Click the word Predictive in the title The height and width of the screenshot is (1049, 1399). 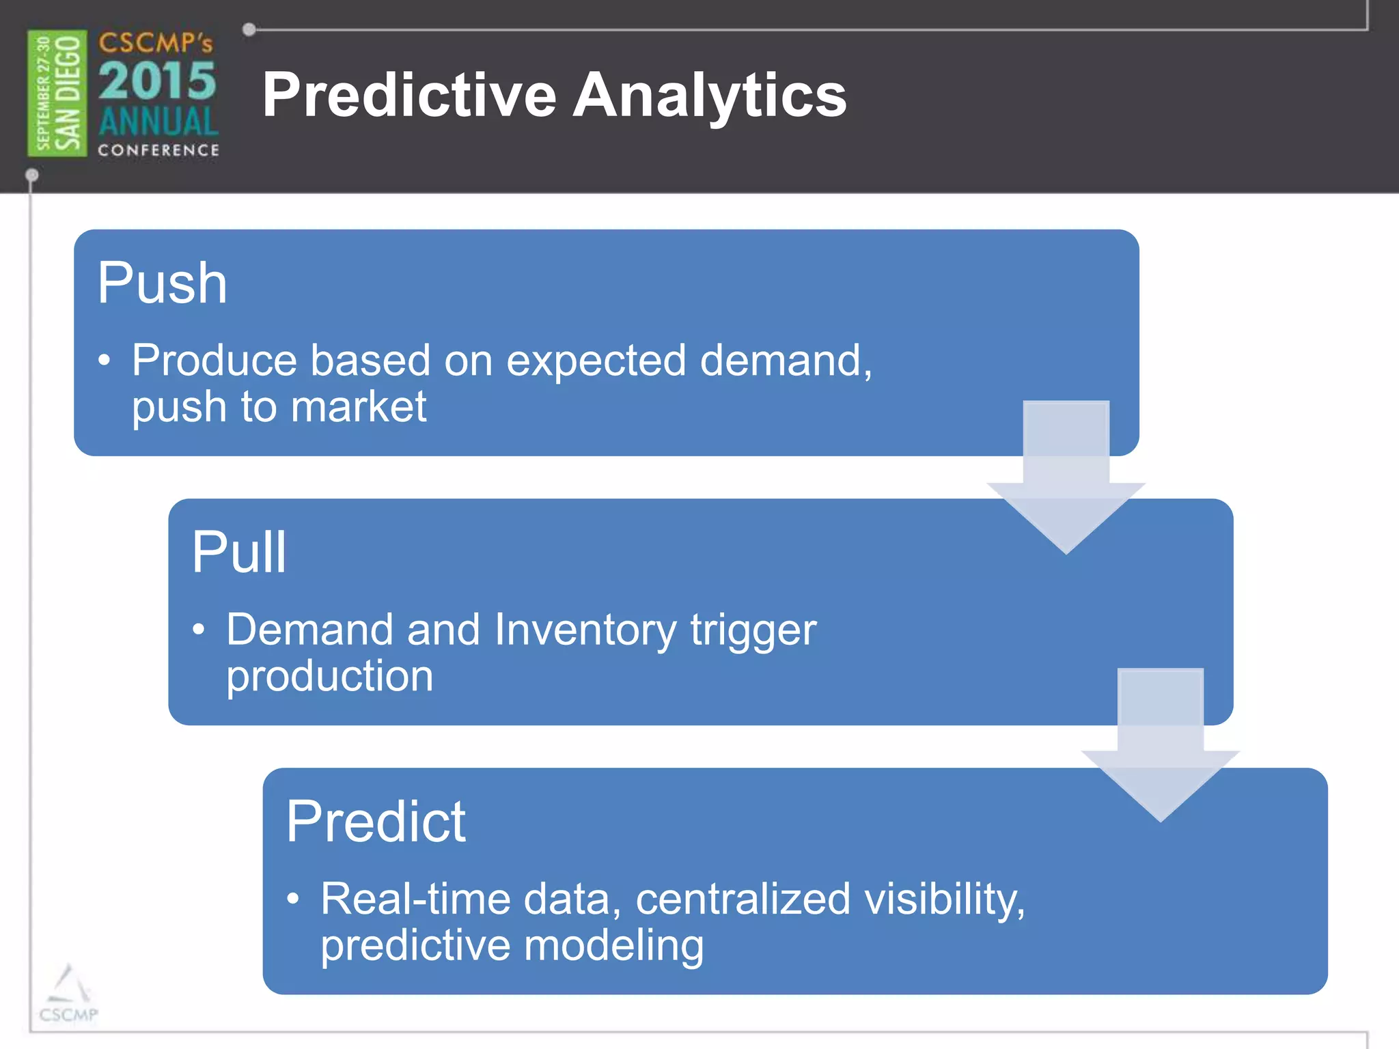point(409,95)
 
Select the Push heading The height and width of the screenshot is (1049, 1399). point(162,283)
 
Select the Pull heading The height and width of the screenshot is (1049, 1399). point(238,552)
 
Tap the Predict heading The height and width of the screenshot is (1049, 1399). point(376,822)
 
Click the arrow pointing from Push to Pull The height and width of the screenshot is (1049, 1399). point(1066,478)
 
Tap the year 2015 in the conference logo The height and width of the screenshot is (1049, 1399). point(157,81)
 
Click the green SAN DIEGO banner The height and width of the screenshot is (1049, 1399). point(57,93)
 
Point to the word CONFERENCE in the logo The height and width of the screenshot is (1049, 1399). point(158,150)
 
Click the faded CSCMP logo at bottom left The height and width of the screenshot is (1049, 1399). point(68,994)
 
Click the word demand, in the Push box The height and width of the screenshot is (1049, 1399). point(786,360)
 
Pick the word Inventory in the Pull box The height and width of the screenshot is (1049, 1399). point(585,629)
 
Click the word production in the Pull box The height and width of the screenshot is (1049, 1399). point(330,676)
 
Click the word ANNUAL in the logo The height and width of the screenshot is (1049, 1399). point(158,122)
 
